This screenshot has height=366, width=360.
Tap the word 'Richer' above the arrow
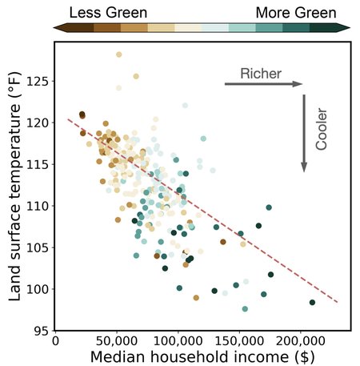click(261, 74)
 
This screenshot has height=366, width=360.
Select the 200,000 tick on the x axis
click(300, 340)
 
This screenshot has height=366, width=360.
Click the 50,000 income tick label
click(118, 340)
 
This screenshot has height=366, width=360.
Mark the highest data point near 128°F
click(118, 54)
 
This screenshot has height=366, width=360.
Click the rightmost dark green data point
click(312, 302)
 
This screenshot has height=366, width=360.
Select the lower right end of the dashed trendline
click(338, 303)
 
